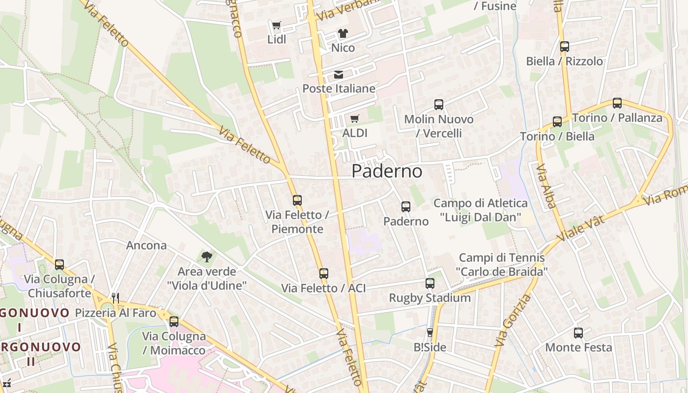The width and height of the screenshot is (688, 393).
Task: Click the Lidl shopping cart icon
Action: (x=276, y=25)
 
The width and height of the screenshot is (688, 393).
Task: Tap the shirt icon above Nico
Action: (x=343, y=33)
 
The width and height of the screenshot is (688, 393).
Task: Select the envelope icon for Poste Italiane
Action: (x=339, y=75)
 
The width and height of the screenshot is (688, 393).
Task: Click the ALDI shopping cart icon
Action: (x=355, y=119)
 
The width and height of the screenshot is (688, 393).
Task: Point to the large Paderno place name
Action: (x=387, y=171)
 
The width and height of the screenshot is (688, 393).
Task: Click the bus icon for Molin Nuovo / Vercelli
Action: (x=439, y=105)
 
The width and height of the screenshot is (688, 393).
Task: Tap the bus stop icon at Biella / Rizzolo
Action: (x=565, y=47)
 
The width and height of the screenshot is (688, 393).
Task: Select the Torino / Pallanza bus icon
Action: (x=617, y=104)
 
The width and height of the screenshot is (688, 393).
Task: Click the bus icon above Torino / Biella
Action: (x=557, y=122)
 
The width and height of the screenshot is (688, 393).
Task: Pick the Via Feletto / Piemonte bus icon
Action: (x=297, y=200)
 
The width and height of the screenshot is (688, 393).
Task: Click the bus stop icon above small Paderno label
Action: (x=406, y=207)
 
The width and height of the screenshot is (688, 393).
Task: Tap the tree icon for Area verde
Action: (x=207, y=256)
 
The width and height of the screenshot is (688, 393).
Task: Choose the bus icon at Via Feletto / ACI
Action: (x=324, y=274)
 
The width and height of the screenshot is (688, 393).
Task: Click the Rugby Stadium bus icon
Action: (x=430, y=283)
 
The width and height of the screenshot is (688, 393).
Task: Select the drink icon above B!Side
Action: (x=430, y=333)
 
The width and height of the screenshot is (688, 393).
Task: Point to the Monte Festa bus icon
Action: (x=578, y=333)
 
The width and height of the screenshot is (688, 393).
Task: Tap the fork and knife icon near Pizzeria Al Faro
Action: (x=115, y=298)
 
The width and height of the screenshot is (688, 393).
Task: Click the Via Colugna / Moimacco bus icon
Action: (x=174, y=322)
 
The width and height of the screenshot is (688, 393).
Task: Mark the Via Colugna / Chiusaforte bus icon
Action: (x=59, y=265)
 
